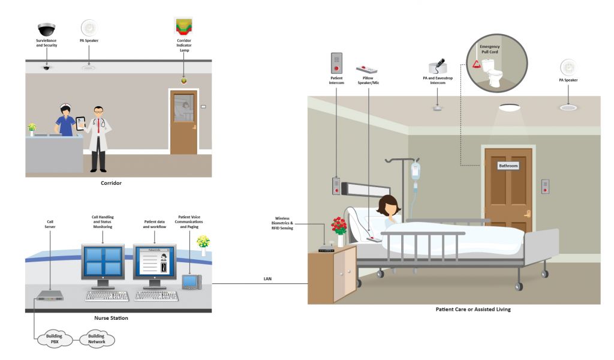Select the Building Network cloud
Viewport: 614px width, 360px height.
click(97, 338)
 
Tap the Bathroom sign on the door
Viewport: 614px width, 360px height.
click(507, 166)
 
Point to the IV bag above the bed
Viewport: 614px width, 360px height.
click(416, 171)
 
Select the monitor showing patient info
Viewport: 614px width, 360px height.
click(154, 263)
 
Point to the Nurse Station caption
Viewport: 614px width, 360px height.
click(111, 318)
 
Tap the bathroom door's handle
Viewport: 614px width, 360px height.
click(528, 213)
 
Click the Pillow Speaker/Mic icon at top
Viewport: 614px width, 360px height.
click(368, 68)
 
